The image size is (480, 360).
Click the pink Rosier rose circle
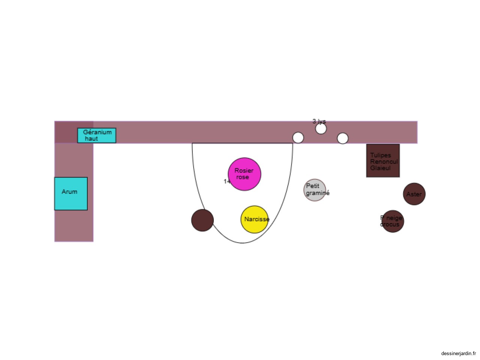[x=244, y=174]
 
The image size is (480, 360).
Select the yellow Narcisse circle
[x=255, y=219]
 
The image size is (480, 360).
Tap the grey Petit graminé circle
[x=315, y=190]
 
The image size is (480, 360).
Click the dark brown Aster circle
[x=414, y=194]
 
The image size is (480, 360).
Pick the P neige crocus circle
[x=393, y=221]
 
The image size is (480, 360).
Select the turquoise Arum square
[x=71, y=193]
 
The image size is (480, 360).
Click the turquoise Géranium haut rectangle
[x=97, y=135]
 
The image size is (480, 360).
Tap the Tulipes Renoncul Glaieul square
[x=383, y=160]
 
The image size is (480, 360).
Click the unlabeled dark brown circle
[x=202, y=220]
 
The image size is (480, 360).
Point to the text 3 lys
[x=319, y=121]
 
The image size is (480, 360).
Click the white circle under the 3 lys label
[x=321, y=129]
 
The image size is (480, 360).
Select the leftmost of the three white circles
[x=298, y=138]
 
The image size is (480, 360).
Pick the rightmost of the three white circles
[x=343, y=138]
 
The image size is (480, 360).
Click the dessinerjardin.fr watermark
[x=458, y=353]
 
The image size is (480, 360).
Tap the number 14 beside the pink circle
[x=226, y=181]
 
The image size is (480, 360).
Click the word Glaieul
[x=380, y=168]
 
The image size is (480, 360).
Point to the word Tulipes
[x=380, y=155]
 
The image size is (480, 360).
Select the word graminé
[x=318, y=193]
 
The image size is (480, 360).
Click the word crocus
[x=390, y=225]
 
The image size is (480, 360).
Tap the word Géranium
[x=97, y=132]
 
